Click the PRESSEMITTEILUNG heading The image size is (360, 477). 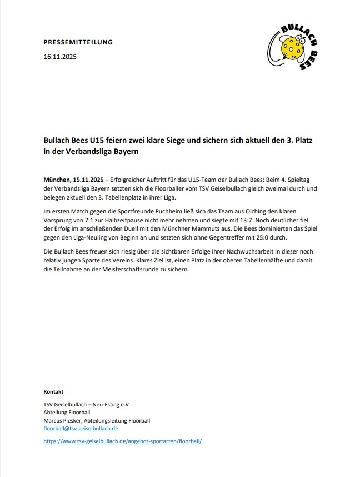(x=78, y=42)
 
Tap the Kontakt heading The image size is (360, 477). (x=53, y=391)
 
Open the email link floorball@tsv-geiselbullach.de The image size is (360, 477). (x=81, y=429)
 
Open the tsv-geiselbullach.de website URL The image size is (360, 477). (x=123, y=441)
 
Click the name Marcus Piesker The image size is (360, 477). (x=63, y=421)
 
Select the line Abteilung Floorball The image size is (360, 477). (x=66, y=413)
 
